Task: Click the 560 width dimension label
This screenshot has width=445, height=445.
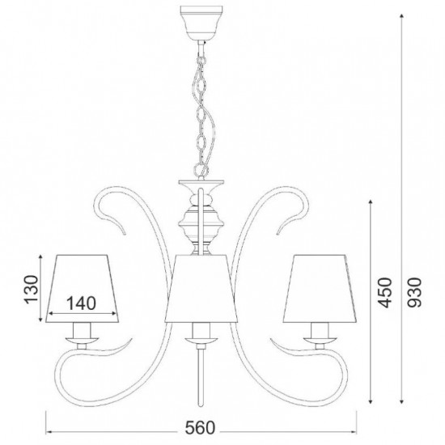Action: pyautogui.click(x=201, y=428)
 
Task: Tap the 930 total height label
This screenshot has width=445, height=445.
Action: pyautogui.click(x=415, y=292)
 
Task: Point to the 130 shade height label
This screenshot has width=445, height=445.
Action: pyautogui.click(x=32, y=290)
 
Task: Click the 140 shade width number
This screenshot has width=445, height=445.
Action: pyautogui.click(x=81, y=303)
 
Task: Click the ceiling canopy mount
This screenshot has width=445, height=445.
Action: pyautogui.click(x=201, y=23)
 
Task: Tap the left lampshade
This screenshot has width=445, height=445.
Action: pyautogui.click(x=82, y=288)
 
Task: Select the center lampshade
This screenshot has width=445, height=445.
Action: pyautogui.click(x=201, y=288)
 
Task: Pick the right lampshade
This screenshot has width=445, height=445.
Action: pyautogui.click(x=320, y=288)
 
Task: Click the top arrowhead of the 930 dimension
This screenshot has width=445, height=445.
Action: pyautogui.click(x=401, y=16)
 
